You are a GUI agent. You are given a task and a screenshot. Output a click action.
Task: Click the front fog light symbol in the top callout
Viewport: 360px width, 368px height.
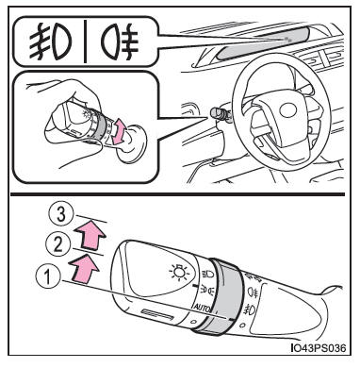pos(50,42)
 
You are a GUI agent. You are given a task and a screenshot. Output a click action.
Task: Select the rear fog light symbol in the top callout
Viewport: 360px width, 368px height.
pos(120,42)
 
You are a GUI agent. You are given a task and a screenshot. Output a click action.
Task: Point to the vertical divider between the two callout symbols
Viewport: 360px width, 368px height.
pos(86,41)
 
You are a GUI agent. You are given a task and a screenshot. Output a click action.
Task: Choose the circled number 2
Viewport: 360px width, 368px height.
pos(58,244)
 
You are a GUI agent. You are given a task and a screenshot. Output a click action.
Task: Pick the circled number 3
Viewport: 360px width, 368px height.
pos(61,216)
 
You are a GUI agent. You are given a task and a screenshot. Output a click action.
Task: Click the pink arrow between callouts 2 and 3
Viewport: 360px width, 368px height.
pos(90,235)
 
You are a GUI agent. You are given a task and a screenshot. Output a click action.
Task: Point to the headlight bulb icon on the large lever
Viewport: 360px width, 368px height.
pos(179,273)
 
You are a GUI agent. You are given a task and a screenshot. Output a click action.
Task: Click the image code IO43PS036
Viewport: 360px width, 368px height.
pos(319,348)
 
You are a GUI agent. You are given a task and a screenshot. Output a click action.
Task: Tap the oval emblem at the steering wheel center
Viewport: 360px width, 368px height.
pos(287,110)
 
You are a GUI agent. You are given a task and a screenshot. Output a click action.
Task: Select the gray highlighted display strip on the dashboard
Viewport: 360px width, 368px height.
pos(264,42)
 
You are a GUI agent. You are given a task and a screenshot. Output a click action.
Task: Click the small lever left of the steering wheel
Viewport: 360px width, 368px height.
pos(220,114)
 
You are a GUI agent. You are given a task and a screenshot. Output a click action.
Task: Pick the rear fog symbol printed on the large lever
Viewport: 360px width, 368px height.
pos(253,293)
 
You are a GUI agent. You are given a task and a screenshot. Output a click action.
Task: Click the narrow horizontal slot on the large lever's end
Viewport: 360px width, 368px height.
pos(157,314)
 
